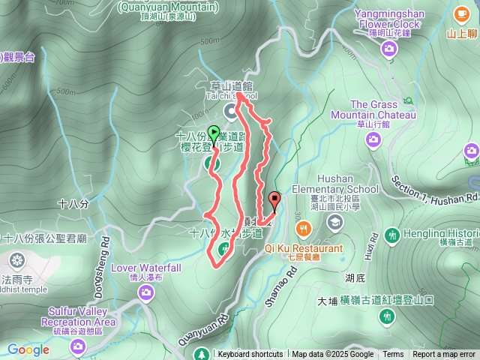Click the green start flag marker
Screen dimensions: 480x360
tap(214, 135)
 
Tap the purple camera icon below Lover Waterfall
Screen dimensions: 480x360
tap(146, 293)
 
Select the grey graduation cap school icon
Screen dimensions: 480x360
tap(334, 222)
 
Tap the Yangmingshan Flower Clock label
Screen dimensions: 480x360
tap(389, 18)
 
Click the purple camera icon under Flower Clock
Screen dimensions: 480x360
tap(388, 49)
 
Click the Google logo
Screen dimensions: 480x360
tap(28, 349)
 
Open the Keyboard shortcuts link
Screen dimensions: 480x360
tap(250, 355)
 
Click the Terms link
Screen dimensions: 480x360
tap(393, 355)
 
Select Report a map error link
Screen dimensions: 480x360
tap(444, 355)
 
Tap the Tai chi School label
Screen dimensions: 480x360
tap(231, 96)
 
